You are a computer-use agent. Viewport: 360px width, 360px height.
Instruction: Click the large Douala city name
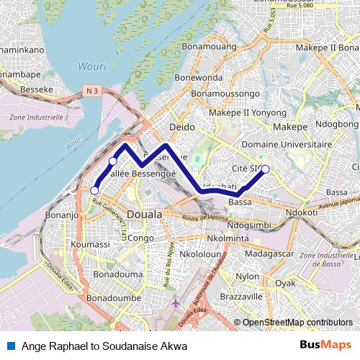point(144,215)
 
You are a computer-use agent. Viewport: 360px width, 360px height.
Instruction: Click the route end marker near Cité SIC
point(265,169)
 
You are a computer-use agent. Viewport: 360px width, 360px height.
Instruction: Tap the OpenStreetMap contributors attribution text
point(297,323)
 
